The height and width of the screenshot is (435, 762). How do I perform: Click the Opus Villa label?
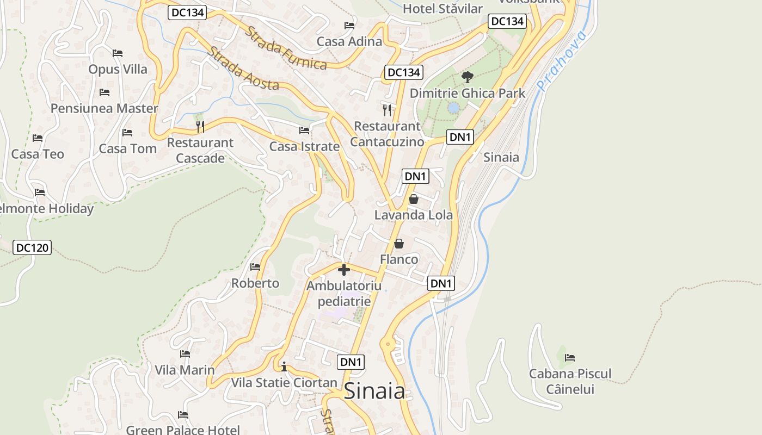click(118, 69)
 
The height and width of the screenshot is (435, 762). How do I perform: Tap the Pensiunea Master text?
click(104, 108)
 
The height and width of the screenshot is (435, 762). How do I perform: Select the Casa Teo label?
click(38, 154)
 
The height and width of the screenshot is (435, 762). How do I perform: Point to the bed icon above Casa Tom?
click(127, 132)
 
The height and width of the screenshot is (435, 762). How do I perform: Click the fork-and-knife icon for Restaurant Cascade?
click(200, 127)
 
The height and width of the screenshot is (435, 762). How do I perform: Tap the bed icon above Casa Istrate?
click(304, 130)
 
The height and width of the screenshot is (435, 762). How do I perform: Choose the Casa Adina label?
click(349, 41)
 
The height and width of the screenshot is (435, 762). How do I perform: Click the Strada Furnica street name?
click(286, 48)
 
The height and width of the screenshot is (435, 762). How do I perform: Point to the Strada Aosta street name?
click(243, 69)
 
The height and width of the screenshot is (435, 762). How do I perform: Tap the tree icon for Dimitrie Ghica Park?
click(467, 77)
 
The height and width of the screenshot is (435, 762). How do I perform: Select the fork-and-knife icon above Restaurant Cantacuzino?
click(387, 110)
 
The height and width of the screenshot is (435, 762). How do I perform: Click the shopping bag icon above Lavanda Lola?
click(413, 199)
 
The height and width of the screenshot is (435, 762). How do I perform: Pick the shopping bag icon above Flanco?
click(399, 243)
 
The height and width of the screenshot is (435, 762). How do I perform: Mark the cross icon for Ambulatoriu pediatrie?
click(343, 269)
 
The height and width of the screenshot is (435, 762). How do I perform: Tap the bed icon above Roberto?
click(255, 267)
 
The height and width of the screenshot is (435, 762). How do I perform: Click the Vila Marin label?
click(185, 370)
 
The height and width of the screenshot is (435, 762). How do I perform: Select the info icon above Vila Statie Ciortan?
click(284, 366)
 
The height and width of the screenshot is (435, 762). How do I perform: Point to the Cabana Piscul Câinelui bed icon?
click(570, 357)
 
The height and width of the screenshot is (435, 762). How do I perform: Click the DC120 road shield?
click(32, 248)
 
